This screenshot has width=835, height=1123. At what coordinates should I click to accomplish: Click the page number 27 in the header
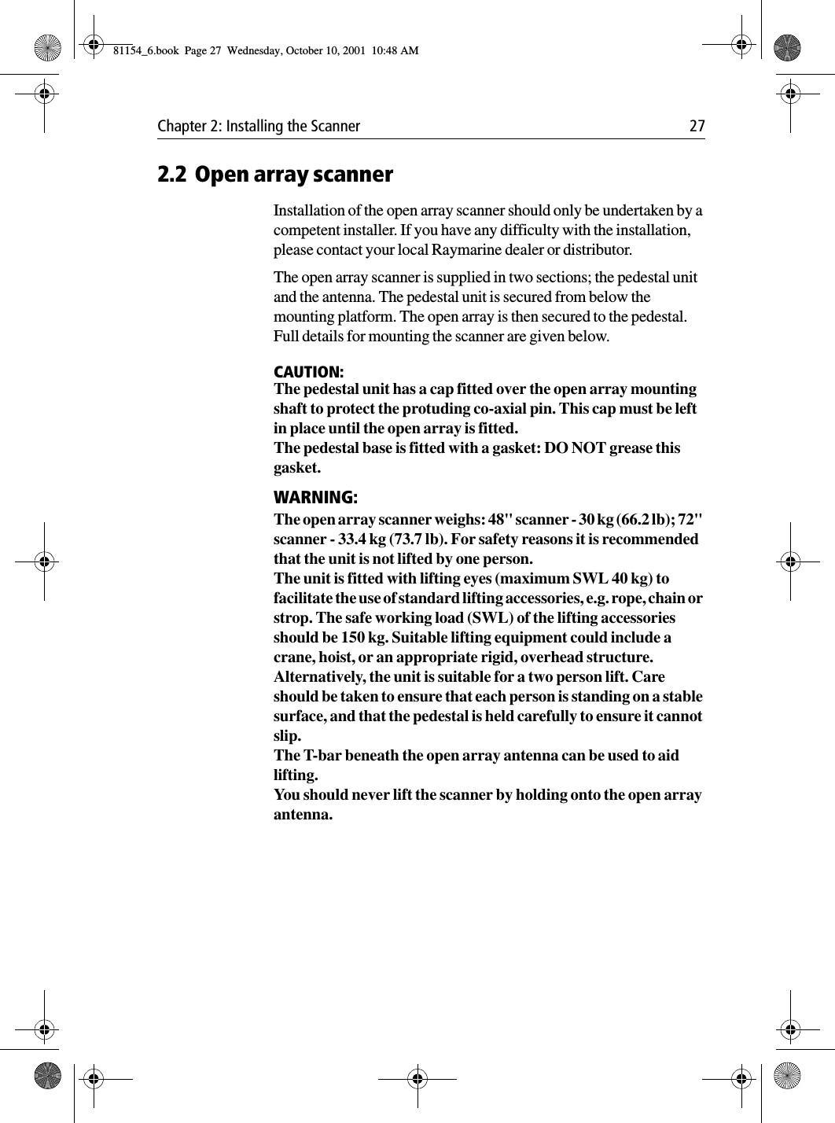697,127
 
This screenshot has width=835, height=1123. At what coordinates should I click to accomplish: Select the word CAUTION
307,371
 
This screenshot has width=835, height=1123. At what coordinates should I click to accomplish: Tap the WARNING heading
315,498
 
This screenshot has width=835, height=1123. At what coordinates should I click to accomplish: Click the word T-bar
320,756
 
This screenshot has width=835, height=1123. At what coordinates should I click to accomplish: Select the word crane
292,657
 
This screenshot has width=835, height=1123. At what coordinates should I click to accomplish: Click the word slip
287,736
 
